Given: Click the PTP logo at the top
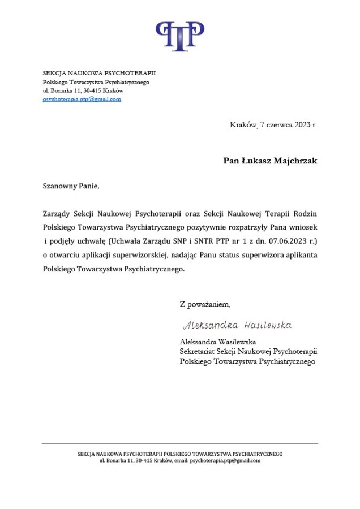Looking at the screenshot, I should (180, 36).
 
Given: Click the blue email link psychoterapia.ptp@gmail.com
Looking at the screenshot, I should (82, 100).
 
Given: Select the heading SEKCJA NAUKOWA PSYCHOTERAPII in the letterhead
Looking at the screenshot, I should (99, 73).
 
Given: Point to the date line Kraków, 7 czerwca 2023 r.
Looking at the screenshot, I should (273, 125).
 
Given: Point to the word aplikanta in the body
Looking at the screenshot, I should (300, 256).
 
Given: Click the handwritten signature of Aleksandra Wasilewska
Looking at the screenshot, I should (237, 326).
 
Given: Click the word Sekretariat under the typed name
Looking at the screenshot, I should (199, 352).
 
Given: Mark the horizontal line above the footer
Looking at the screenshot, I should (180, 444).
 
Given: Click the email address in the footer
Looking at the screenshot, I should (225, 461).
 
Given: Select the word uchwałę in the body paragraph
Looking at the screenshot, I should (88, 242).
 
